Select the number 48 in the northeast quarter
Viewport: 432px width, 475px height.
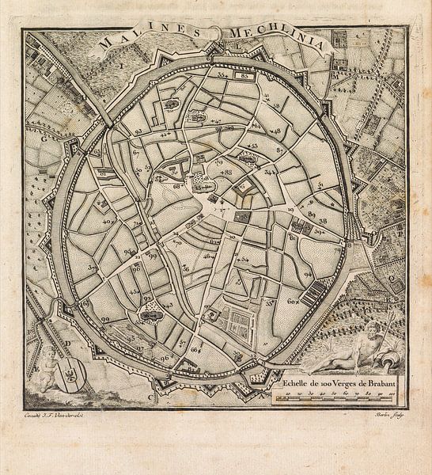277,130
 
